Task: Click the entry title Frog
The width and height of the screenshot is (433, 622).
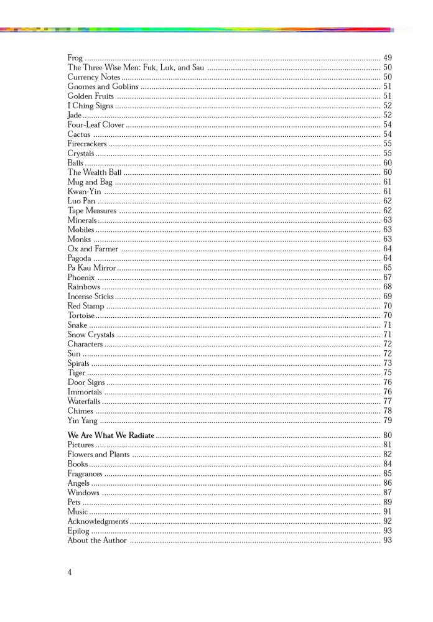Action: point(75,58)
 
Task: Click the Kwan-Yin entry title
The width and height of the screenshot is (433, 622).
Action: point(84,192)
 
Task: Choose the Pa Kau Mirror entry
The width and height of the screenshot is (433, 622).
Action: point(91,267)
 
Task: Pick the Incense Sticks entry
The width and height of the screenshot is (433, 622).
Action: point(90,296)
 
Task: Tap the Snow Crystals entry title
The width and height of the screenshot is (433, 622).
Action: point(91,335)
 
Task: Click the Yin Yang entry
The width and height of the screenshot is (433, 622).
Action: point(82,420)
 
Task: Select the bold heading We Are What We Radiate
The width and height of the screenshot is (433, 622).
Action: point(111,435)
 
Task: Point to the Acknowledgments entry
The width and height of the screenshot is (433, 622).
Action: point(98,521)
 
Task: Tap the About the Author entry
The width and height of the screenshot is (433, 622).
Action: point(96,541)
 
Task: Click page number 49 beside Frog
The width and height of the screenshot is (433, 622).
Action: point(387,58)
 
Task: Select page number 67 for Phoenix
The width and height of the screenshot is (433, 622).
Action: point(387,277)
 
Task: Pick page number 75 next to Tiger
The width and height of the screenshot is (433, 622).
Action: point(387,373)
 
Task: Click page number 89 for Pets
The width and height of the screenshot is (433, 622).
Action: point(387,502)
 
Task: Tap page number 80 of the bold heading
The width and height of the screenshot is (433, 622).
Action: point(387,435)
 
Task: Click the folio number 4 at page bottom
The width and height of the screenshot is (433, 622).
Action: point(70,572)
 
